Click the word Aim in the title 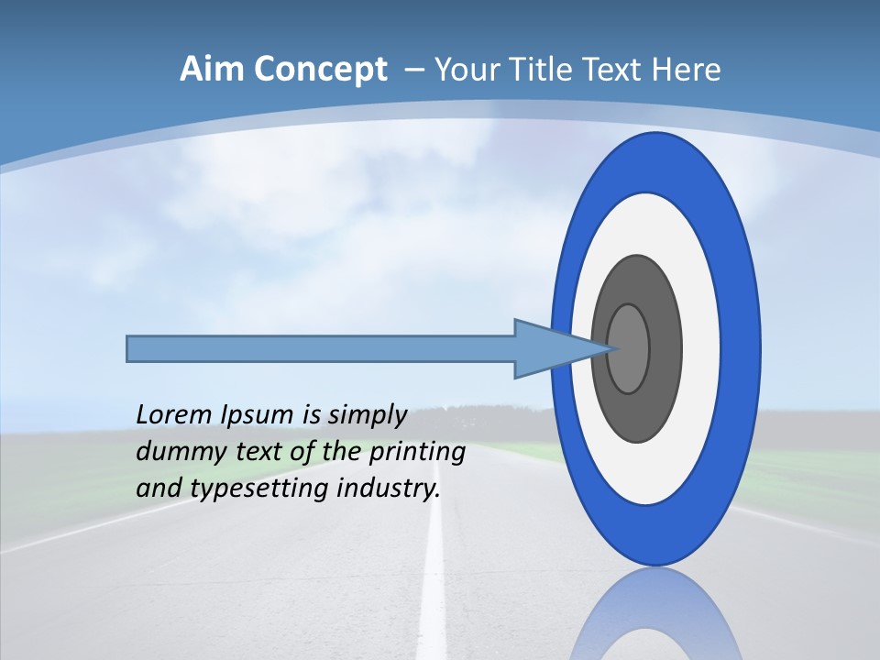pyautogui.click(x=213, y=70)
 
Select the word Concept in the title pyautogui.click(x=319, y=71)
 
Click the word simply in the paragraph pyautogui.click(x=367, y=415)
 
